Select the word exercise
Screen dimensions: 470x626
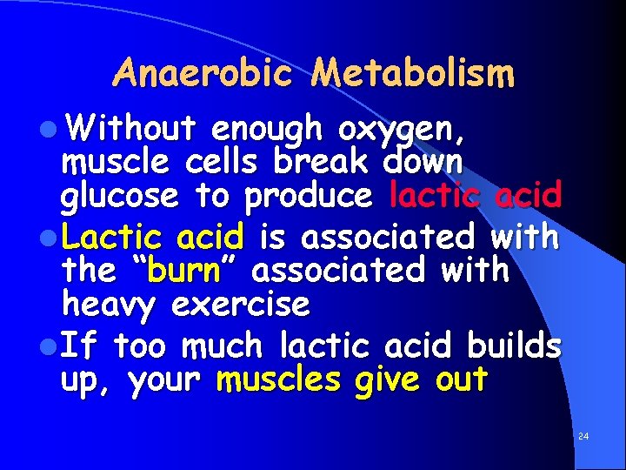click(241, 305)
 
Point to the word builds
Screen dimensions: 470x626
click(514, 346)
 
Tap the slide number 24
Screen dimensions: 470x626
click(583, 434)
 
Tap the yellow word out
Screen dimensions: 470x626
click(460, 380)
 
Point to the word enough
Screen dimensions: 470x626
click(267, 131)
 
